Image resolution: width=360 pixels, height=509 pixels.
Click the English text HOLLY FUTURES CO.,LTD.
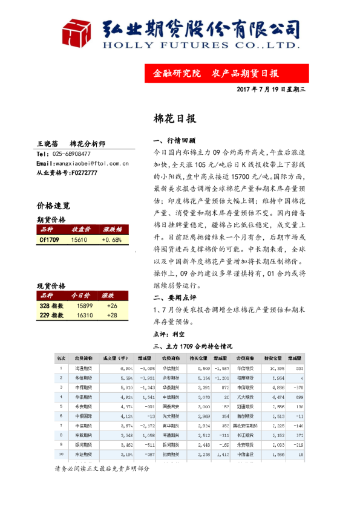click(200, 45)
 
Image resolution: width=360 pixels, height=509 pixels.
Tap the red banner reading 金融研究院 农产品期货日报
click(216, 74)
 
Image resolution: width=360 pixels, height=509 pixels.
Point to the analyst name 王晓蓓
click(47, 144)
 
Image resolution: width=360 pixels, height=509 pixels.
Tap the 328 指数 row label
click(50, 306)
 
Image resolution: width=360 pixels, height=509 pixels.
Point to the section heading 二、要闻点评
click(175, 298)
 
